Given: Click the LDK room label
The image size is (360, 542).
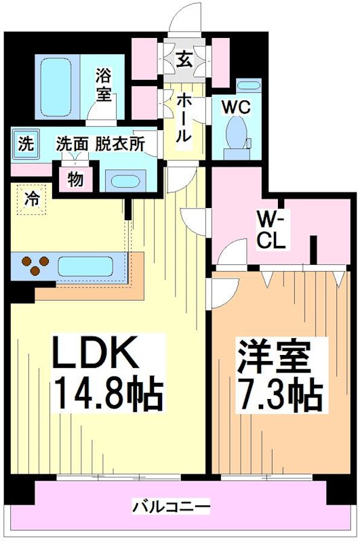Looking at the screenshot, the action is [x=95, y=353].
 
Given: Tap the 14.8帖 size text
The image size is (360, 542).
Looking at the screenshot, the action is [x=108, y=394].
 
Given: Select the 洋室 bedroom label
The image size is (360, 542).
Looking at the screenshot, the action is [x=273, y=357].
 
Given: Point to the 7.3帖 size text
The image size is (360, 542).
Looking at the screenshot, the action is [x=279, y=395].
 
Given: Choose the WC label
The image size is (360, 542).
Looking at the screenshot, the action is [x=236, y=108].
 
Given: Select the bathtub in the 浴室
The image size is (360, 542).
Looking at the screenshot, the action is [x=56, y=87].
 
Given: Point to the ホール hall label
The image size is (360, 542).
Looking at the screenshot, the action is [x=184, y=119].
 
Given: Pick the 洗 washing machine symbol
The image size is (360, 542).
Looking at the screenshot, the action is [x=26, y=144].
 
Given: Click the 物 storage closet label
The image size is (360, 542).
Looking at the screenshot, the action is [x=75, y=180].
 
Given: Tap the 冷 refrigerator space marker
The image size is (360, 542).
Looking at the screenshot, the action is [x=31, y=199].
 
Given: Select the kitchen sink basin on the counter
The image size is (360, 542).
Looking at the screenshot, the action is [x=85, y=266].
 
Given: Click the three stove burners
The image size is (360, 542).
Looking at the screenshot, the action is [x=35, y=265].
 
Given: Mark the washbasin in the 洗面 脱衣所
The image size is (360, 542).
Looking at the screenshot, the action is [x=125, y=181].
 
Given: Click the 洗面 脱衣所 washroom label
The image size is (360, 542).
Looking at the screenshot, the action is [x=100, y=144].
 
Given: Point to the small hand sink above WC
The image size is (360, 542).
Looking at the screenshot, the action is [x=248, y=85].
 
